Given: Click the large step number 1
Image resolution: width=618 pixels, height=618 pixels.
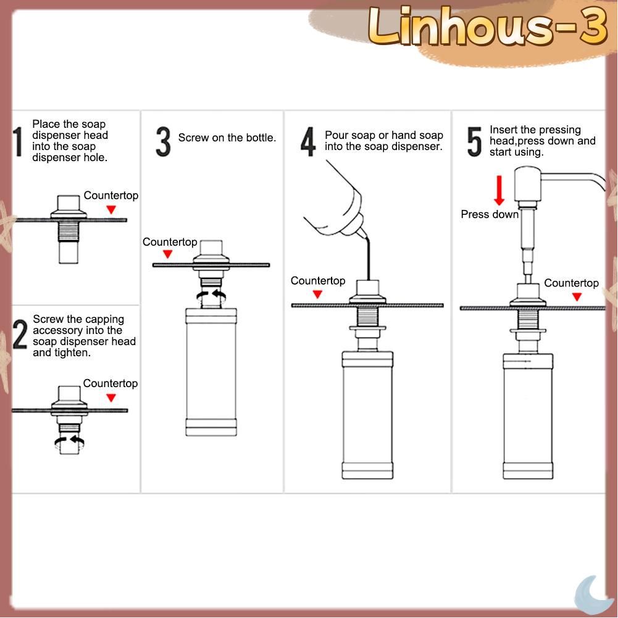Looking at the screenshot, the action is tap(18, 142).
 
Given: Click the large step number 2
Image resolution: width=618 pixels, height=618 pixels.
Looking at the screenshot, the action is tap(20, 334).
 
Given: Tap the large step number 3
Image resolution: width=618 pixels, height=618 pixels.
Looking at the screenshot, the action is tap(163, 142).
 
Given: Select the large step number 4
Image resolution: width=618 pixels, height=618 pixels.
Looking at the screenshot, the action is tap(308, 142).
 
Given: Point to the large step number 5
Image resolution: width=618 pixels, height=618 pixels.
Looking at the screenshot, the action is tap(474, 142).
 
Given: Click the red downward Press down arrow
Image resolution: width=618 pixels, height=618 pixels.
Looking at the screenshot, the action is tap(499, 190).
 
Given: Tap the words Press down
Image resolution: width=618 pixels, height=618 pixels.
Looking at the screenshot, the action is tap(490, 214).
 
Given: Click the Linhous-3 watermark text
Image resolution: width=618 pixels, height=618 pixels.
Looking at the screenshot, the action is tap(487, 27).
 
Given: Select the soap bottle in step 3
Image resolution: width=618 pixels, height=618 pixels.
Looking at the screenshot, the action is tap(211, 372).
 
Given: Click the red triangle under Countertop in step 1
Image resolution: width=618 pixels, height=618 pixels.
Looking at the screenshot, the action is tap(111, 210).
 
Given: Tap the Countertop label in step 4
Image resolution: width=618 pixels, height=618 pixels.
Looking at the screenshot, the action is tap(318, 281).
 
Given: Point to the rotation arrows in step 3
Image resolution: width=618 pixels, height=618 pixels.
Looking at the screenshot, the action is tap(211, 296).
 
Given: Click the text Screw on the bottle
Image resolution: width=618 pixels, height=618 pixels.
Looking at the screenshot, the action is tap(227, 138).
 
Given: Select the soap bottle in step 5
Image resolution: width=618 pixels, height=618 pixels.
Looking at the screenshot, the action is tap(528, 416).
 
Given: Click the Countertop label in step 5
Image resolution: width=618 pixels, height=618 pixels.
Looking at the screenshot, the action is tap(571, 283).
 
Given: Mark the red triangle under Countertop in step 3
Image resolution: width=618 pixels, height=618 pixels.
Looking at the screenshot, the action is tap(168, 254).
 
